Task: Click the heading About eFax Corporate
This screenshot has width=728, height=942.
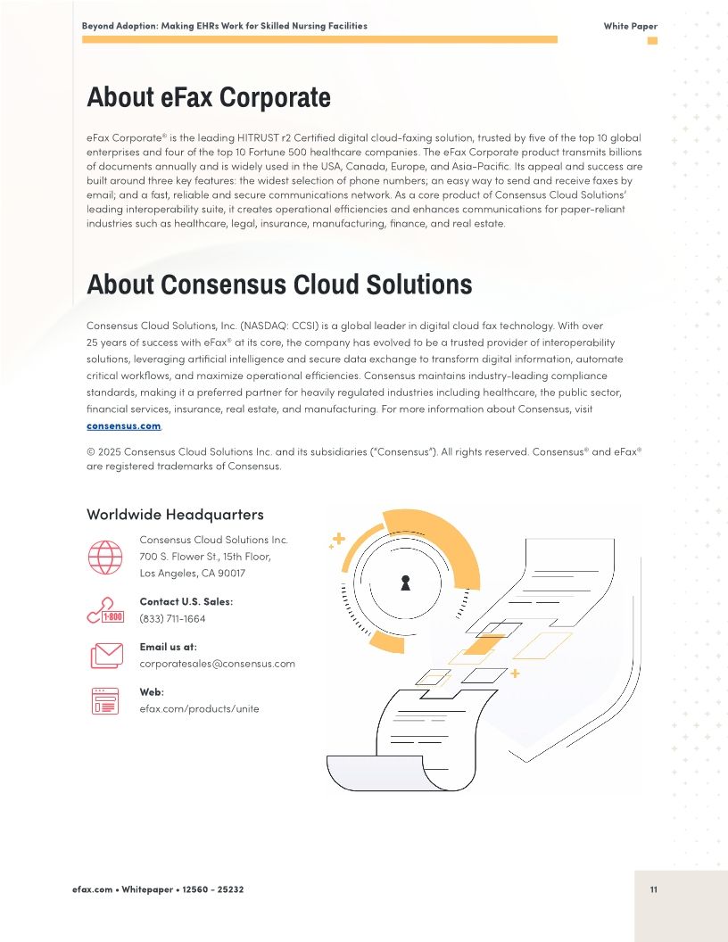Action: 208,97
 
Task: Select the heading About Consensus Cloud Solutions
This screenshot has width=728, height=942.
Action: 278,285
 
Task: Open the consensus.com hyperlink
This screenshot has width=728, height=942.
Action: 123,426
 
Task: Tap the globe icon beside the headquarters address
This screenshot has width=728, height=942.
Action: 105,557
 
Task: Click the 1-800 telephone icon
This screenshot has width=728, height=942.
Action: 105,610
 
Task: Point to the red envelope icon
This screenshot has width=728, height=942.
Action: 106,656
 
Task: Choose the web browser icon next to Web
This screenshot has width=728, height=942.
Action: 105,701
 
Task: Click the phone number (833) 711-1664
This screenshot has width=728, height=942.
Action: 172,618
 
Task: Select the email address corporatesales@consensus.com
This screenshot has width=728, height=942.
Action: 217,664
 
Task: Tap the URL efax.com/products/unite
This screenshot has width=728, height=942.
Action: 199,708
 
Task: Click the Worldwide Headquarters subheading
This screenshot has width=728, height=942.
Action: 175,515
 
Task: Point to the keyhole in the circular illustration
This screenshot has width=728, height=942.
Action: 405,583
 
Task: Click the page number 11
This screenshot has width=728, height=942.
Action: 654,889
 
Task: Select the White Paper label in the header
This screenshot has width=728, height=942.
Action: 630,26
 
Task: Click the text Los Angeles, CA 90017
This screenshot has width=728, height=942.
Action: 192,573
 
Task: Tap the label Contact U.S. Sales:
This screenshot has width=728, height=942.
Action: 186,601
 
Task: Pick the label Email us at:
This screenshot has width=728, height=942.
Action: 168,647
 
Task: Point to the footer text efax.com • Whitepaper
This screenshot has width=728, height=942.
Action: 120,889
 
